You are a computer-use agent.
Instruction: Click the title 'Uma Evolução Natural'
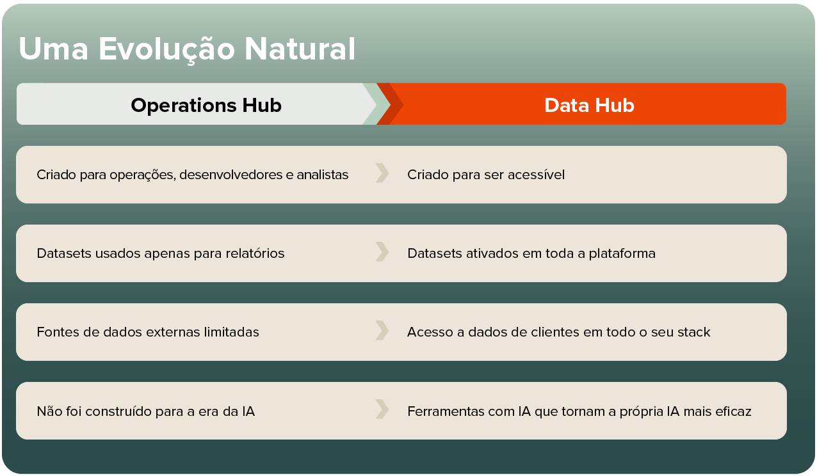186,49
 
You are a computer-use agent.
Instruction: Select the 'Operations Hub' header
206,105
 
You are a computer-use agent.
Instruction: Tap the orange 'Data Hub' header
589,105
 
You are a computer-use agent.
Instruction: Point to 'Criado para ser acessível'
486,175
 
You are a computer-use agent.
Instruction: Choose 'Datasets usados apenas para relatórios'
161,253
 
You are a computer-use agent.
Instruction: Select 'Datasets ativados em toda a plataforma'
531,253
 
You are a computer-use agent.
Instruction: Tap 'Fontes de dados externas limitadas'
148,332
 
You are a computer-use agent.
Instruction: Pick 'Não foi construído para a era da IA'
146,411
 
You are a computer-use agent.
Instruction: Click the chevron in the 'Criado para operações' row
382,173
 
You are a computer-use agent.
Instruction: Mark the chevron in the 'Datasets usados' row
382,252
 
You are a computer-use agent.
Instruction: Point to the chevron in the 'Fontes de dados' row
382,331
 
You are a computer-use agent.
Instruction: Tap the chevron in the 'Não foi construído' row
382,409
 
